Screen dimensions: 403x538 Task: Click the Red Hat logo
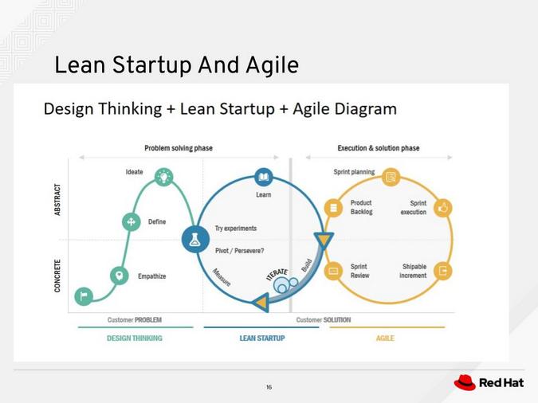(x=488, y=383)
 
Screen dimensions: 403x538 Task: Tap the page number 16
(x=269, y=387)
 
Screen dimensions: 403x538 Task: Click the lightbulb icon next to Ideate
(x=164, y=176)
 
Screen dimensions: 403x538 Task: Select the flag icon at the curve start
(x=84, y=296)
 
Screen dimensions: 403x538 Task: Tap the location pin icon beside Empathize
(x=120, y=276)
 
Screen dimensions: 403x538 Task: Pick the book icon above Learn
(x=264, y=177)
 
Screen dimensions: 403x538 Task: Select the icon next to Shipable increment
(x=443, y=271)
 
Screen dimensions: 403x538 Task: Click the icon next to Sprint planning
(x=391, y=177)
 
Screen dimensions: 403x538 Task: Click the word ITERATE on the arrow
(x=277, y=274)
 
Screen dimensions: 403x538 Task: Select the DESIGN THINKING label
(x=135, y=338)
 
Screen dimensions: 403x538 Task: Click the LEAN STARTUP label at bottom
(x=262, y=338)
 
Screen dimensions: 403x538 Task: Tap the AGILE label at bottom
(x=385, y=338)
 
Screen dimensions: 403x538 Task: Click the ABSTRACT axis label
(x=57, y=200)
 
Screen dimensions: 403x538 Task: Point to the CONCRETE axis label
(x=57, y=275)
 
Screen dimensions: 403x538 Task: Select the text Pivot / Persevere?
(x=239, y=251)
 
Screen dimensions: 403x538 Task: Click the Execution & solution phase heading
(x=379, y=148)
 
